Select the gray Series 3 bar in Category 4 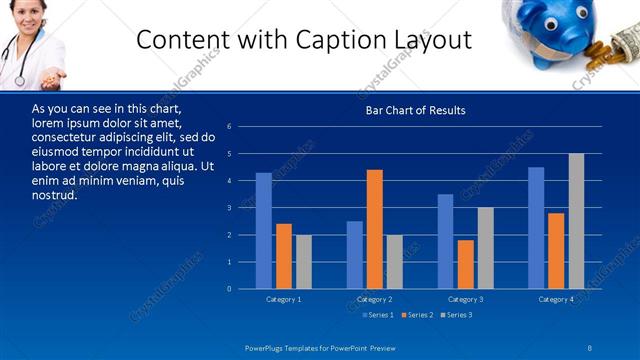pyautogui.click(x=576, y=221)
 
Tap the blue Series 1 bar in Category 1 pyautogui.click(x=263, y=231)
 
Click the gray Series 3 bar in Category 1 pyautogui.click(x=303, y=262)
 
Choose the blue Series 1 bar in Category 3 pyautogui.click(x=446, y=241)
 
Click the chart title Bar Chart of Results pyautogui.click(x=415, y=110)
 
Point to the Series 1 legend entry pyautogui.click(x=377, y=315)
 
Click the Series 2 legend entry pyautogui.click(x=416, y=315)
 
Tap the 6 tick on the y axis pyautogui.click(x=229, y=127)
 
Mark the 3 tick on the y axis pyautogui.click(x=229, y=208)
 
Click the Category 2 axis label pyautogui.click(x=375, y=299)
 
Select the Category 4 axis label pyautogui.click(x=557, y=299)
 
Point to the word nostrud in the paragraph pyautogui.click(x=55, y=194)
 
